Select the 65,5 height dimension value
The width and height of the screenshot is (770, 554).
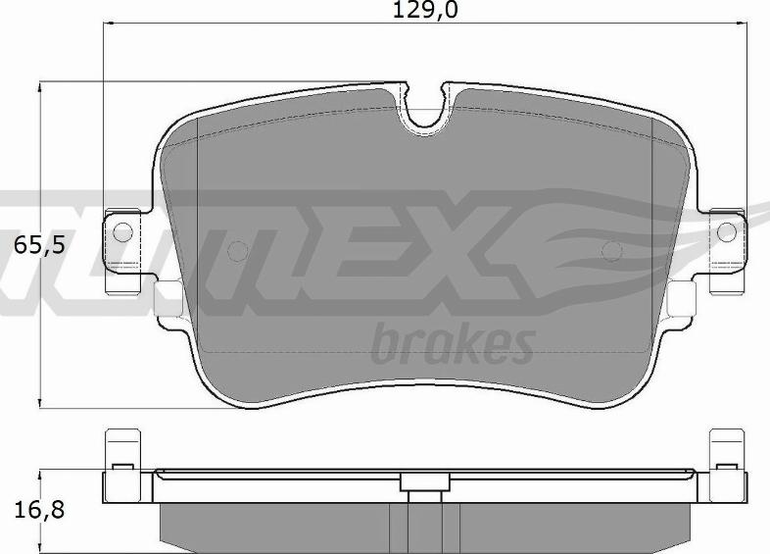coord(39,245)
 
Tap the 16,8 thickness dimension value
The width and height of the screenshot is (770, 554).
coord(40,510)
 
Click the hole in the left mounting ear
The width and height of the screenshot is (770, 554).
coord(121,232)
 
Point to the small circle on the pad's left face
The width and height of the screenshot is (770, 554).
coord(236,251)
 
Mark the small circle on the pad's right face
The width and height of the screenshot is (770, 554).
coord(611,250)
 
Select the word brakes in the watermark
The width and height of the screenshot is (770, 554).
coord(453,343)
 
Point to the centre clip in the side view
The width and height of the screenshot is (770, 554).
coord(423,482)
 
